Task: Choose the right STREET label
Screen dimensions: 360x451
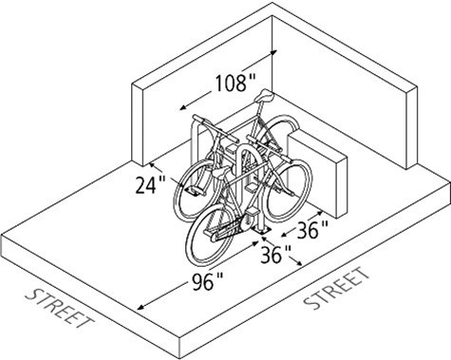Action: (x=336, y=290)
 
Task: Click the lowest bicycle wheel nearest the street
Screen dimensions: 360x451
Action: (x=217, y=241)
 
